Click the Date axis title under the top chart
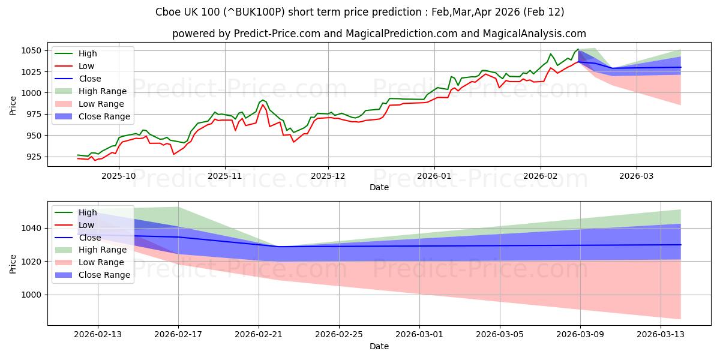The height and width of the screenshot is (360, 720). pos(379,188)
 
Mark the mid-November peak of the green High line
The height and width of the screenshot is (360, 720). pos(263,100)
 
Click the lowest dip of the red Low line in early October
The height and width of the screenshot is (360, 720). pos(174,154)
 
